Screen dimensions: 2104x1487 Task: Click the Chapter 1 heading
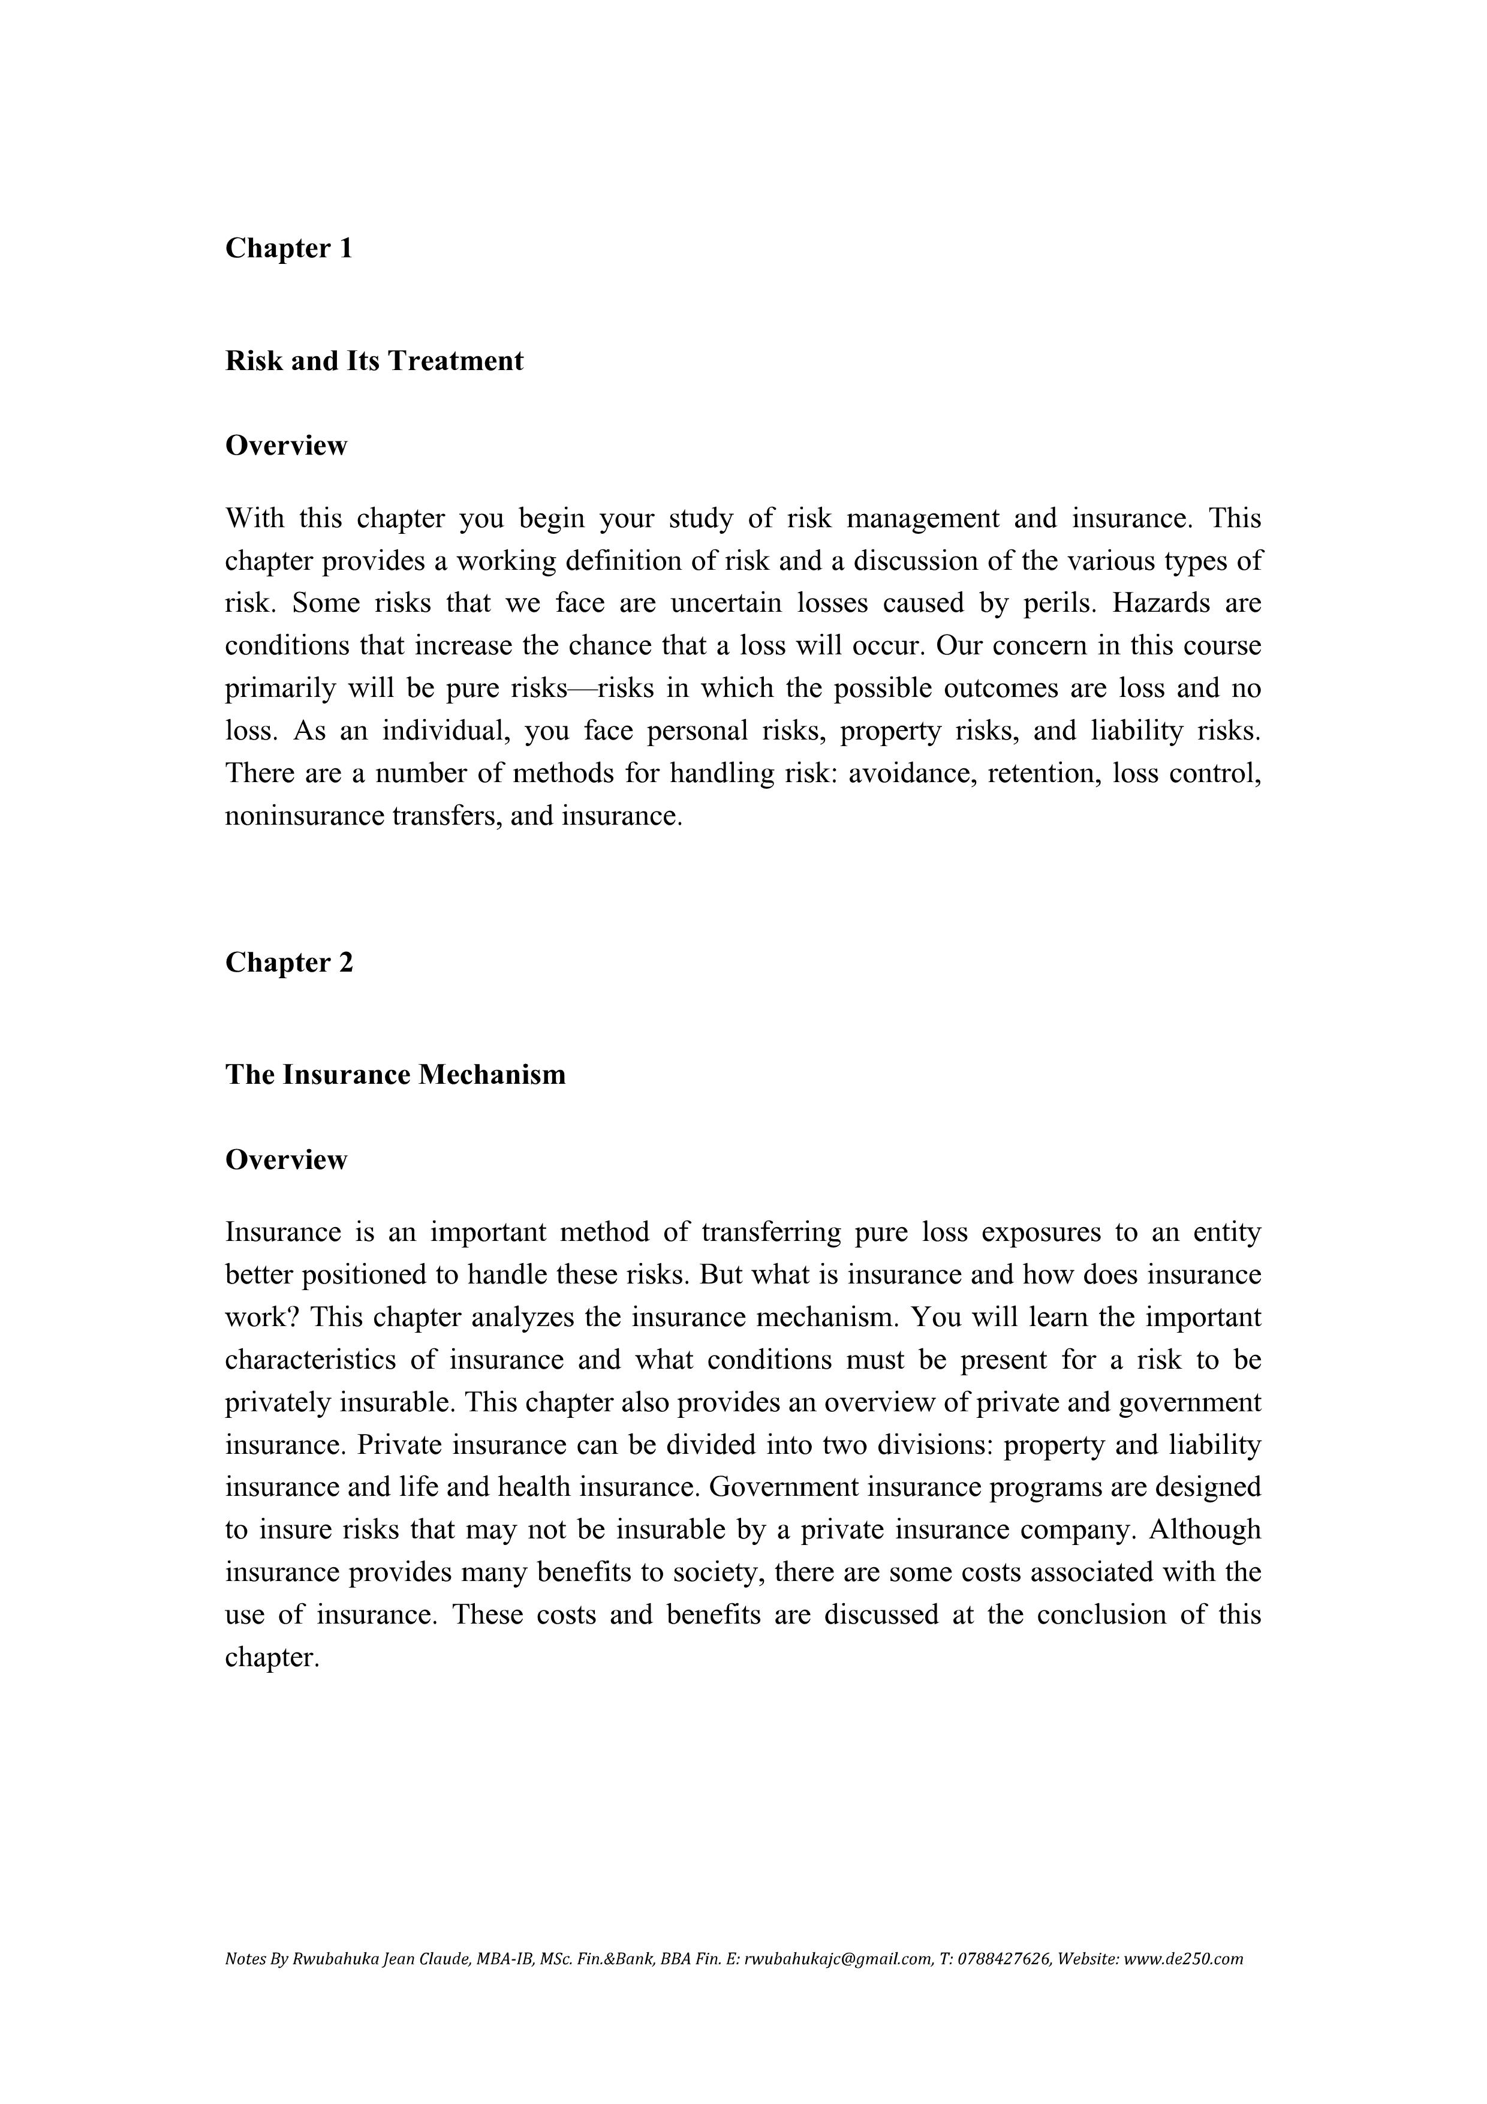click(x=288, y=248)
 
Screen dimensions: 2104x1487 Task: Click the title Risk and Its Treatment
click(x=374, y=361)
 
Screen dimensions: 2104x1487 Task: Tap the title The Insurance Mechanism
click(x=395, y=1074)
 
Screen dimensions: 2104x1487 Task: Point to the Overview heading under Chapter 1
click(x=286, y=446)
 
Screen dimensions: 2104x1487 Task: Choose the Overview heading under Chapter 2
click(x=286, y=1160)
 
